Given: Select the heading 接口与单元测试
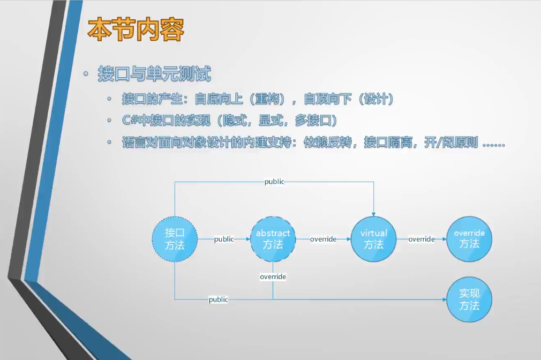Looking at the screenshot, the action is [x=154, y=74].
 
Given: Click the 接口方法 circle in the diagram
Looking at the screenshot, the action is [x=175, y=239].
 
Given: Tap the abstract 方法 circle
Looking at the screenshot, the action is [x=273, y=239].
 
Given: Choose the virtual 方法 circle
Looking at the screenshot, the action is [x=373, y=239].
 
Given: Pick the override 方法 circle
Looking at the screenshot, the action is [x=469, y=239].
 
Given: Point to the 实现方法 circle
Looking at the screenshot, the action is [x=469, y=300].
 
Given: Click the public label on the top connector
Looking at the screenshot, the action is [x=274, y=182].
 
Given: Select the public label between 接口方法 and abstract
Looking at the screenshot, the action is [x=224, y=239].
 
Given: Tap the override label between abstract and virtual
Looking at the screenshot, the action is [x=323, y=239].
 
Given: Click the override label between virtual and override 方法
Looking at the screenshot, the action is [x=422, y=239].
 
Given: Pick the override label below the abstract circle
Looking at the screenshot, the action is [x=273, y=276].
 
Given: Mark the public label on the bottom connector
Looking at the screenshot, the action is [x=218, y=299].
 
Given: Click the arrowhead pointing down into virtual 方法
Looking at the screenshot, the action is [x=373, y=214].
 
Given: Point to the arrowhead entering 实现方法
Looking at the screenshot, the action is [x=444, y=299].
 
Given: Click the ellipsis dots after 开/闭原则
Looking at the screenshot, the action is [x=493, y=145].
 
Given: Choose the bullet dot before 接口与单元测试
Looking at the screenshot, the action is [x=86, y=73].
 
